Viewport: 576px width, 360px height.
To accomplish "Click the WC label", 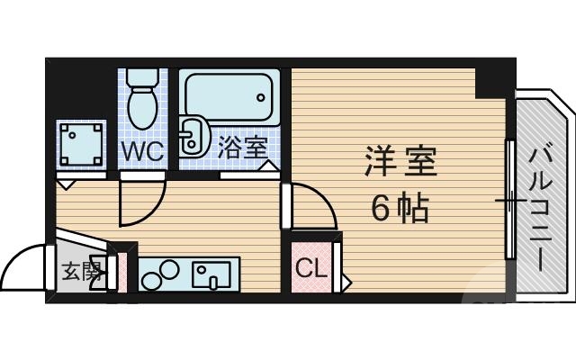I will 142,150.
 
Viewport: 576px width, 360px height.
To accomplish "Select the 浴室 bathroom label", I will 240,148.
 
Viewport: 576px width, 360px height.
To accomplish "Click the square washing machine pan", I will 81,142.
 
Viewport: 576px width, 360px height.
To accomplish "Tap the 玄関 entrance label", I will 79,271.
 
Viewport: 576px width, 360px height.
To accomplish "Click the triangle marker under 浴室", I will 269,166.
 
